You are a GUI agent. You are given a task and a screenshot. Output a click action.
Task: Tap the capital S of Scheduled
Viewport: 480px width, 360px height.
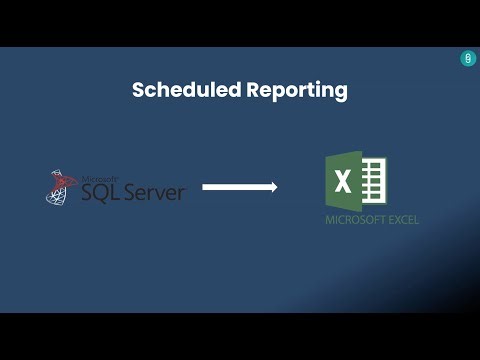click(139, 90)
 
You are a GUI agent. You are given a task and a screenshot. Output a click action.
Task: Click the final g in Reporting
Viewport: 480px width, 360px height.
click(341, 93)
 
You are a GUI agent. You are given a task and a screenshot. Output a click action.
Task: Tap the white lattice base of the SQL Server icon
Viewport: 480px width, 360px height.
click(56, 196)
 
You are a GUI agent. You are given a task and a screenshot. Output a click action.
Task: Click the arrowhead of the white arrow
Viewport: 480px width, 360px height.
click(272, 186)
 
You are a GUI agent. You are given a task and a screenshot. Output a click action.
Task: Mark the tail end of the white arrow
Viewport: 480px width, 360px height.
click(205, 186)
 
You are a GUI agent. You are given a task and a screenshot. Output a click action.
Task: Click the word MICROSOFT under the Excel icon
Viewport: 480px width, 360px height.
click(351, 220)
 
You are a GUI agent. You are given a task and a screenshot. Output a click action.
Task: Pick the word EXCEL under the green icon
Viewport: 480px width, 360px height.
click(401, 220)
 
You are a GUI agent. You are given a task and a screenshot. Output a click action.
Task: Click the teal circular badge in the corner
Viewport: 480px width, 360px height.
click(468, 59)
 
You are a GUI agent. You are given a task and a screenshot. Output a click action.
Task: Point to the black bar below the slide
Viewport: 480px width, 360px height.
click(240, 336)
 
